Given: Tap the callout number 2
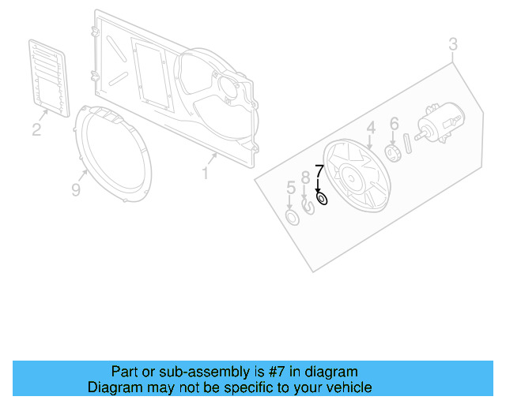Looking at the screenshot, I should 36,129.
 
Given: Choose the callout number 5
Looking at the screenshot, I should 291,188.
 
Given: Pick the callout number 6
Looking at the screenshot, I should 394,124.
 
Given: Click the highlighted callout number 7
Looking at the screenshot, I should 319,171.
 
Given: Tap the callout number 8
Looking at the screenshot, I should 305,178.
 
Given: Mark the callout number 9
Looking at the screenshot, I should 76,189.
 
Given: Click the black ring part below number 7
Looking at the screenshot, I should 322,199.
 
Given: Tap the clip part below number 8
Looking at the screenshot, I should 308,210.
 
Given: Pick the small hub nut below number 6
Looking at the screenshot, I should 390,151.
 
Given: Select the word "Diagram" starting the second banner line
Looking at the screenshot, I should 114,387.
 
